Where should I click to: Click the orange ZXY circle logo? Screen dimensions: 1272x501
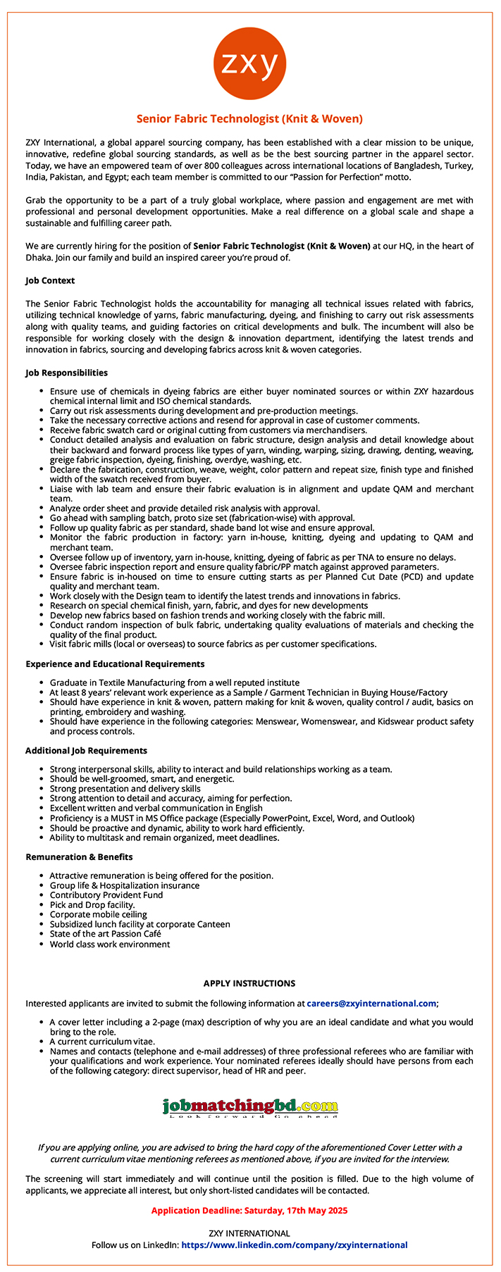(x=249, y=64)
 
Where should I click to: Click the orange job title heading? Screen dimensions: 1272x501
(x=249, y=119)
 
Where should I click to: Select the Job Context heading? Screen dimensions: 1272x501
(x=50, y=280)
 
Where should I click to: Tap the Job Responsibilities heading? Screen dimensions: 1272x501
(x=67, y=373)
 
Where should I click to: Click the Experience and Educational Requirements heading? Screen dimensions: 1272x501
(x=115, y=663)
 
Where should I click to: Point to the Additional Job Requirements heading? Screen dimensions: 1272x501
(x=86, y=750)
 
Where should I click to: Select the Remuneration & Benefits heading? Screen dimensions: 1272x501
(x=79, y=856)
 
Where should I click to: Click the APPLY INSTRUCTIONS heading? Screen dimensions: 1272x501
(x=249, y=983)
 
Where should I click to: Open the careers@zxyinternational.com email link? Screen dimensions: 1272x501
(x=371, y=1003)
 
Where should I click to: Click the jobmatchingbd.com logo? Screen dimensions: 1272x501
(x=249, y=1107)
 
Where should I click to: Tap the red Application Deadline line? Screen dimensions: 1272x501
(x=249, y=1210)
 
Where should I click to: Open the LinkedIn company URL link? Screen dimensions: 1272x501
(x=295, y=1245)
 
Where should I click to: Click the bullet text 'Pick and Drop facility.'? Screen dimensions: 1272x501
(x=92, y=904)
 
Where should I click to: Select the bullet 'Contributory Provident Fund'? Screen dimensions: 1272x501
(x=106, y=894)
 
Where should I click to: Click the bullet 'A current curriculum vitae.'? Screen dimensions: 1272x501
(x=102, y=1041)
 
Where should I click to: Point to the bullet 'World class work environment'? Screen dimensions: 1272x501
(x=109, y=944)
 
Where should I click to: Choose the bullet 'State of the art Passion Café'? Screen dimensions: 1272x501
(x=105, y=933)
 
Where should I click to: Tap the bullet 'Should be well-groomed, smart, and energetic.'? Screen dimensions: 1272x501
(x=142, y=779)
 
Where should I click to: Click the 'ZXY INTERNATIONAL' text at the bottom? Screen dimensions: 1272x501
(x=249, y=1233)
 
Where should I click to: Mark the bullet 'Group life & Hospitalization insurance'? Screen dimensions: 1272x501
(x=124, y=885)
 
